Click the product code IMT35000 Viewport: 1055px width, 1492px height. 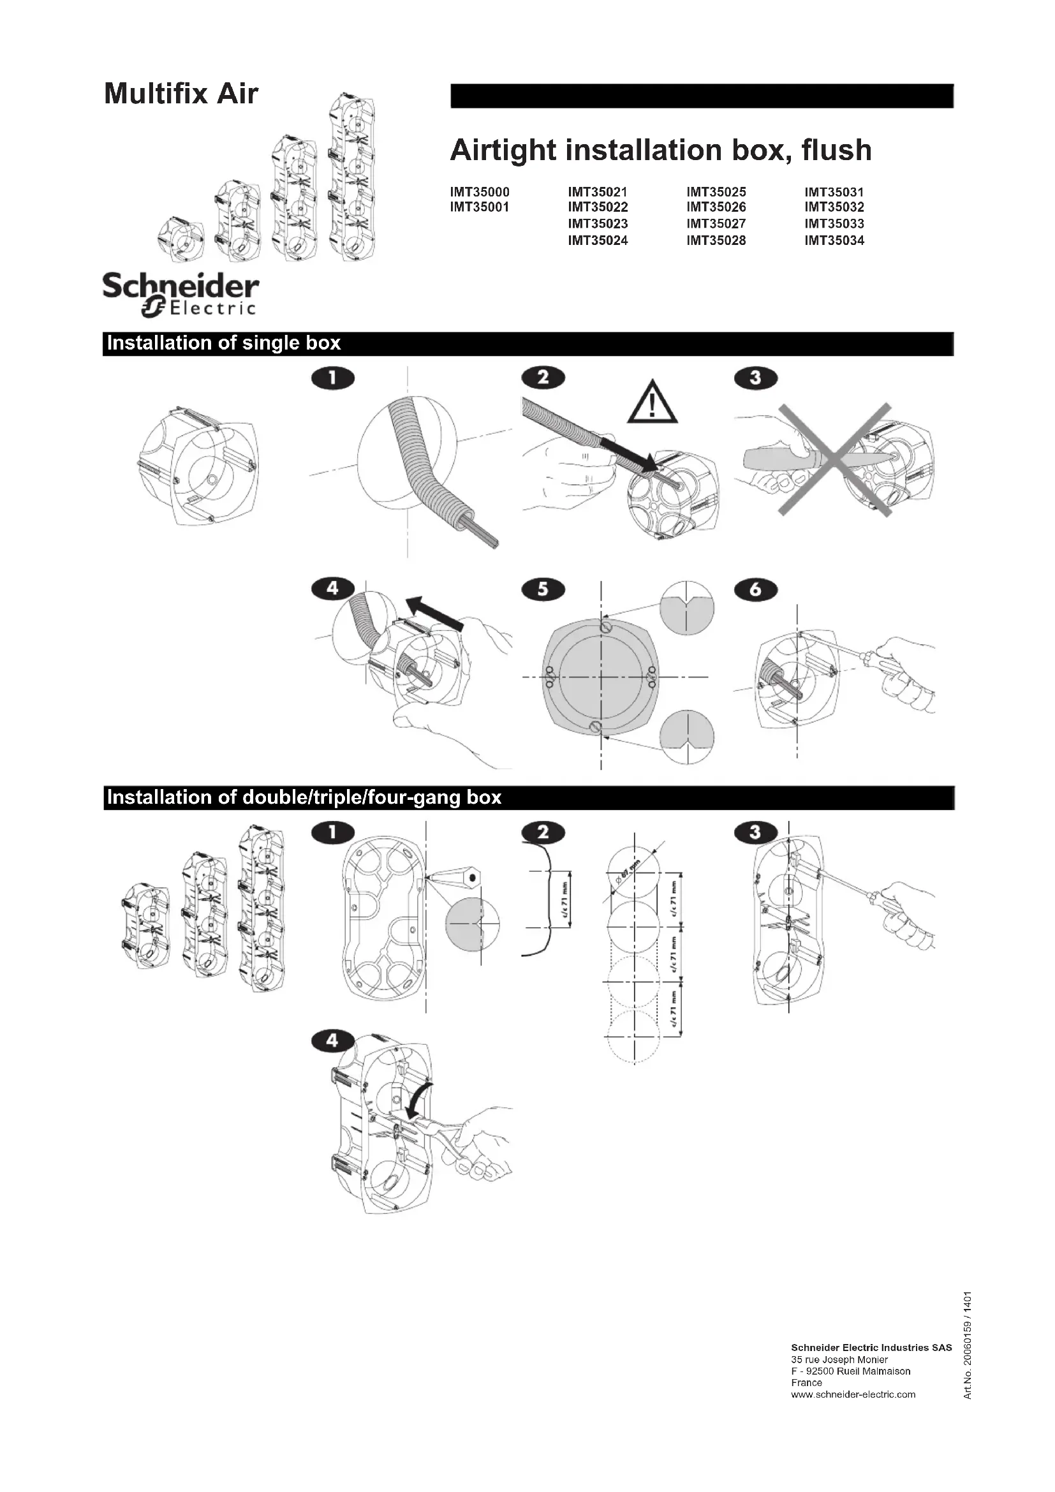tap(480, 193)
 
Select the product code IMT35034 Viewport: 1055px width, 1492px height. tap(834, 240)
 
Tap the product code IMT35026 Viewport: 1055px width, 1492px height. tap(716, 207)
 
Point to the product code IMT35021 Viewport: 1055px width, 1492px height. tap(598, 193)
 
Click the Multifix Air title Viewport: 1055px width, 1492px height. tap(181, 94)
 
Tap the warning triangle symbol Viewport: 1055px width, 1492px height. tap(653, 403)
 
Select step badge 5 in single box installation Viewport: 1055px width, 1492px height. tap(543, 589)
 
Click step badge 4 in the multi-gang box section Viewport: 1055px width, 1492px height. tap(332, 1041)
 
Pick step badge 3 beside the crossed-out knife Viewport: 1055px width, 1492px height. tap(755, 378)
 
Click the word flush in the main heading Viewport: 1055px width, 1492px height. tap(836, 150)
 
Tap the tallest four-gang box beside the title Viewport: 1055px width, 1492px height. tap(353, 177)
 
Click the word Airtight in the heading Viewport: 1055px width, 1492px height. tap(503, 150)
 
